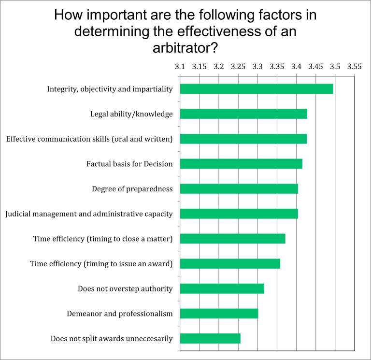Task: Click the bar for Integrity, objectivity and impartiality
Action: coord(256,89)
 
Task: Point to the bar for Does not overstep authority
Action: coord(222,289)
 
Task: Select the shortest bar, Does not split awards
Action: coord(210,339)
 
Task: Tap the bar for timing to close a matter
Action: coord(232,239)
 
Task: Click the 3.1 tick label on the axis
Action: coord(180,66)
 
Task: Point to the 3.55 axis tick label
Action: coord(354,66)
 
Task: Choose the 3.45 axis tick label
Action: coord(315,66)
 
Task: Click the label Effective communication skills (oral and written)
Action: coord(89,139)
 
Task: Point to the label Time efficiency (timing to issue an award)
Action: coord(101,264)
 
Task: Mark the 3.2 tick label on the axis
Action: coord(219,66)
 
